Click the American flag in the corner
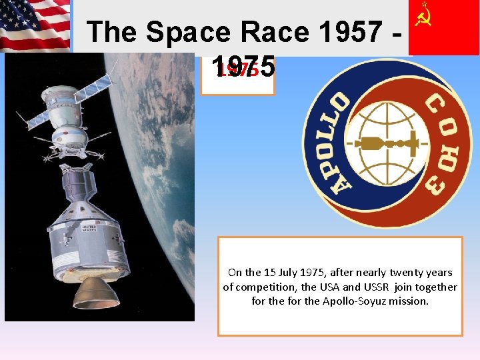35,25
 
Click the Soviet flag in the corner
443,27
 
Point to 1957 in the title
350,32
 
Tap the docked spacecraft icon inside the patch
389,143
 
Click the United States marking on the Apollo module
89,229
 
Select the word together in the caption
436,287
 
